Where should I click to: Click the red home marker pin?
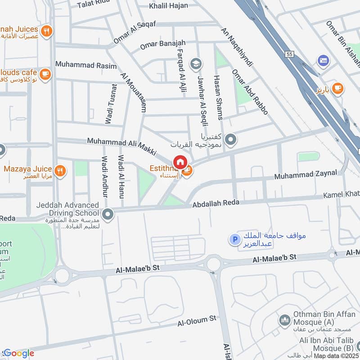(x=180, y=162)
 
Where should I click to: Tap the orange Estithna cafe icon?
(x=188, y=171)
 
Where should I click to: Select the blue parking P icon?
(x=234, y=239)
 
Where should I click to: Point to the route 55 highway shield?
(x=289, y=54)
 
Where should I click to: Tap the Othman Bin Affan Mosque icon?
(x=284, y=320)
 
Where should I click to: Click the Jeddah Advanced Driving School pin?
(x=108, y=215)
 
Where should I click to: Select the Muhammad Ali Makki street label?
(x=121, y=147)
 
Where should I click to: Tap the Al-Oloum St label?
(x=197, y=321)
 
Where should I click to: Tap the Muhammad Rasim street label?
(x=81, y=64)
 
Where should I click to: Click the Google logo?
(x=18, y=353)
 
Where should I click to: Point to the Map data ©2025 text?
(x=337, y=355)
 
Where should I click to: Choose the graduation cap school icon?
(x=195, y=63)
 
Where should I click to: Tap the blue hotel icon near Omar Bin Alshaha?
(x=323, y=60)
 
